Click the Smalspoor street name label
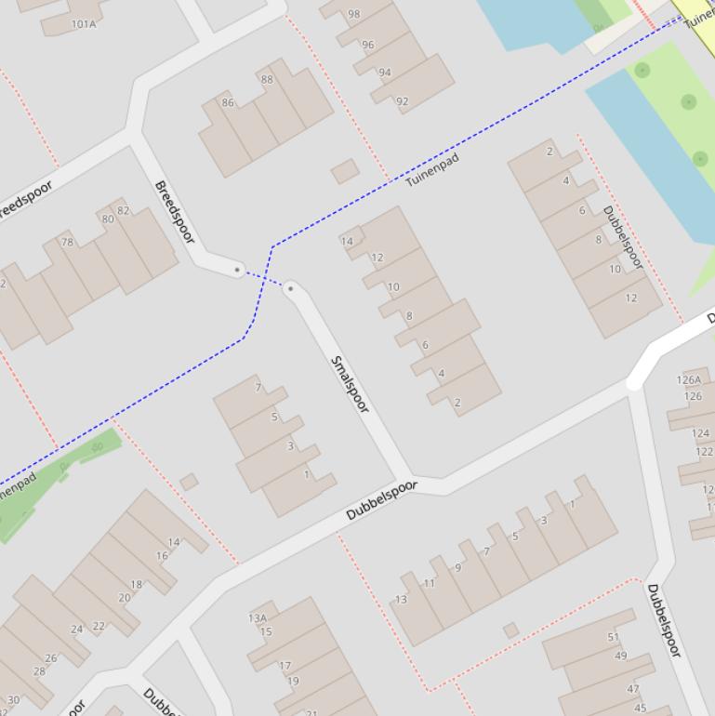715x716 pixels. [x=351, y=384]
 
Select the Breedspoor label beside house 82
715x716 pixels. [x=174, y=212]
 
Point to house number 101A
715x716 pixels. [x=84, y=23]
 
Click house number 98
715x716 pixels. [x=354, y=14]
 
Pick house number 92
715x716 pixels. [x=402, y=101]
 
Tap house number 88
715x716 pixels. [x=267, y=79]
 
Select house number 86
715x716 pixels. [x=228, y=102]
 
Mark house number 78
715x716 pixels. [x=67, y=242]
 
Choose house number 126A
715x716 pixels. [x=689, y=379]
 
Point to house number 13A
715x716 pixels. [x=258, y=617]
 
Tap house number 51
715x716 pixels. [x=614, y=637]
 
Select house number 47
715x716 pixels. [x=633, y=689]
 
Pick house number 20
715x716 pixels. [x=125, y=598]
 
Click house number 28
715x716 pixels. [x=39, y=670]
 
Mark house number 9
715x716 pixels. [x=457, y=567]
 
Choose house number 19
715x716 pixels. [x=293, y=681]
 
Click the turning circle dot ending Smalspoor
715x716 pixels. [x=291, y=288]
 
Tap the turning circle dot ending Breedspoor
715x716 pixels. [x=238, y=270]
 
